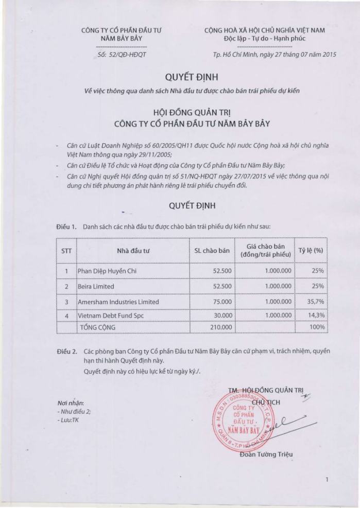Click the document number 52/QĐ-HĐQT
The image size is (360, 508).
coord(122,54)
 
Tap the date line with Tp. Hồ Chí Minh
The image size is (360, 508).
coord(275,54)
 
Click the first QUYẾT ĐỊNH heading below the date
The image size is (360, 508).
coord(192,77)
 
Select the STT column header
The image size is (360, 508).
coord(66,251)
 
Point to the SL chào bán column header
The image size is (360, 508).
coord(212,251)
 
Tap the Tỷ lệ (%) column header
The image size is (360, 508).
coord(311,251)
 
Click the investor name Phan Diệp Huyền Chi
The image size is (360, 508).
coord(107,271)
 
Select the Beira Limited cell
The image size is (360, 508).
coord(96,286)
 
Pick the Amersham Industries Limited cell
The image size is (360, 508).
coord(118,302)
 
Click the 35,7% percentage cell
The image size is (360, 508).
coord(314,302)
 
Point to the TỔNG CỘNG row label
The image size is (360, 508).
coord(97,327)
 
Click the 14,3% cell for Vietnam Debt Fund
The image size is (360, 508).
coord(314,315)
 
